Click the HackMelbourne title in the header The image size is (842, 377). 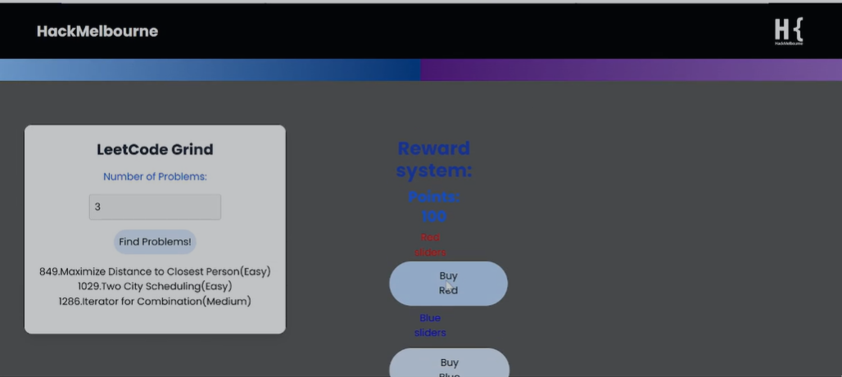tap(97, 32)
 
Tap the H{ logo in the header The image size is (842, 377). tap(789, 31)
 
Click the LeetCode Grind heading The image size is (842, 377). tap(155, 150)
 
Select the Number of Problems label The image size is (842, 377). tap(155, 176)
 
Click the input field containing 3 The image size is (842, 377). tap(155, 207)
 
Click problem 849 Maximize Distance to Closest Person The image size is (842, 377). tap(155, 271)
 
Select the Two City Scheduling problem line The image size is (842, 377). tap(155, 286)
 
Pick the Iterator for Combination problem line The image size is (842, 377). tap(155, 301)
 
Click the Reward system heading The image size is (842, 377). tap(434, 160)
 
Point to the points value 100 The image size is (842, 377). tap(434, 216)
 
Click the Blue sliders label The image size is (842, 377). tap(430, 325)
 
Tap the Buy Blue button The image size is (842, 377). tap(449, 365)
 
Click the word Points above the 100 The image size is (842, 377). tap(434, 198)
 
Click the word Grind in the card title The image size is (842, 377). tap(192, 150)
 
